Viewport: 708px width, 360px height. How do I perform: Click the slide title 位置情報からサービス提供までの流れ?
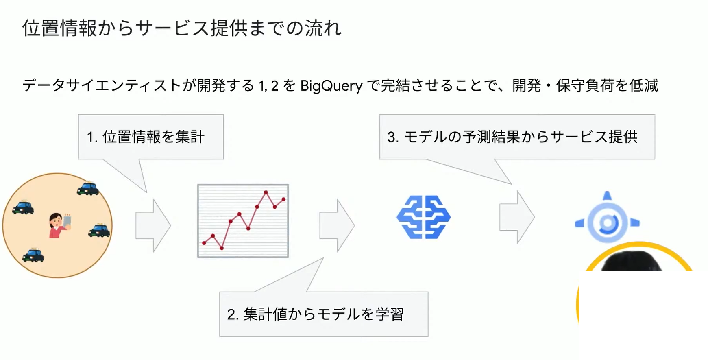tap(182, 28)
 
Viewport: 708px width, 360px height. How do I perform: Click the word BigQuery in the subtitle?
tap(331, 86)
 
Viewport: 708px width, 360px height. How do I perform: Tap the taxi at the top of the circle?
tap(88, 189)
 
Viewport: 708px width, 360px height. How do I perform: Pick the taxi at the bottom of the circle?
tap(33, 255)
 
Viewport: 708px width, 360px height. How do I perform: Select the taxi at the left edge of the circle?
tap(23, 207)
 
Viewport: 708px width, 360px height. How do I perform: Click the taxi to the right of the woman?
tap(99, 231)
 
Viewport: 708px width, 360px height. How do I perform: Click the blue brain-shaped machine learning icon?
tap(423, 217)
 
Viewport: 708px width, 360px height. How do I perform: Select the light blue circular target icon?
tap(607, 222)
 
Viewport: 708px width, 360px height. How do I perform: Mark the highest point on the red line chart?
tap(266, 192)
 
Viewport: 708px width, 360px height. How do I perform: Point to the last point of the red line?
tap(283, 199)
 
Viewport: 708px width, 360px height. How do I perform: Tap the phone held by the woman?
tap(67, 221)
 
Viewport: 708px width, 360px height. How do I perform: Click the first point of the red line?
tap(204, 243)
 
